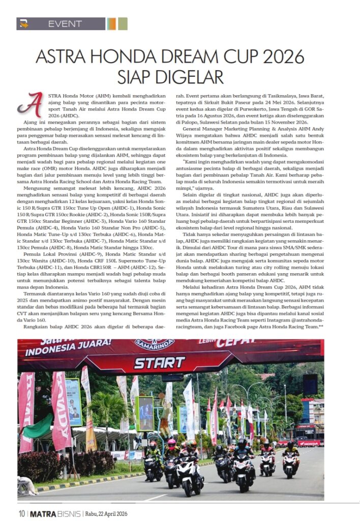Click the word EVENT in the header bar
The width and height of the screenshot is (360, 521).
tap(65, 24)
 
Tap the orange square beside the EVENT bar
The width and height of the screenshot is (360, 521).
tap(111, 24)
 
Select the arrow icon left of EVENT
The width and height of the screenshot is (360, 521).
tap(23, 24)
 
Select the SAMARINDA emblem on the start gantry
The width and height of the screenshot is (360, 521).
tap(155, 344)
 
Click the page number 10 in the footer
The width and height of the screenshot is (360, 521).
tap(22, 513)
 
